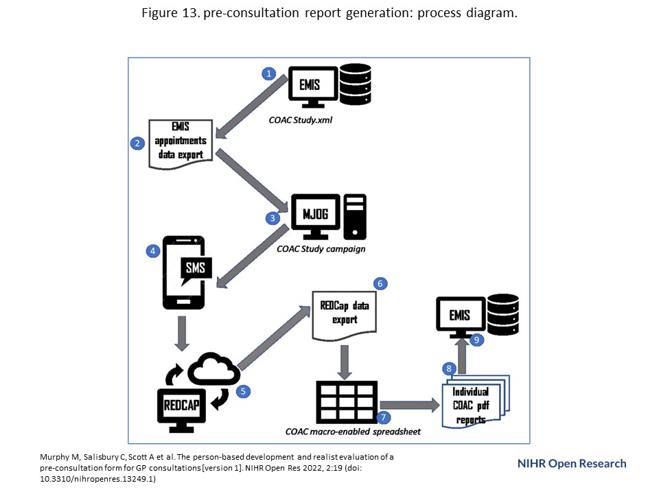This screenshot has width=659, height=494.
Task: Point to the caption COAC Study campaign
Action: (x=321, y=249)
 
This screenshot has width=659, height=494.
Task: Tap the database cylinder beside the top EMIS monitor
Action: (x=354, y=86)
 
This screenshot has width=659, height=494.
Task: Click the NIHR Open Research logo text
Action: (x=572, y=463)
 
